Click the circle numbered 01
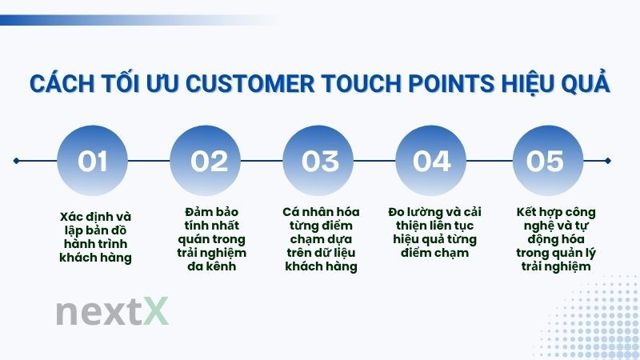pyautogui.click(x=94, y=161)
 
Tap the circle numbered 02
pyautogui.click(x=207, y=161)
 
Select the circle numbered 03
pyautogui.click(x=320, y=161)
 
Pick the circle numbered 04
pyautogui.click(x=433, y=161)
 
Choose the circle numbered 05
pyautogui.click(x=546, y=161)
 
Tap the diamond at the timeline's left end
pyautogui.click(x=16, y=161)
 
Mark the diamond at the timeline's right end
pyautogui.click(x=609, y=161)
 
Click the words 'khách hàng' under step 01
pyautogui.click(x=94, y=258)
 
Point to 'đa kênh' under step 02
pyautogui.click(x=209, y=266)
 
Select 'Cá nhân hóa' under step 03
pyautogui.click(x=321, y=212)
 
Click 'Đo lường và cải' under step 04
pyautogui.click(x=436, y=212)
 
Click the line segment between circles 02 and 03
pyautogui.click(x=264, y=161)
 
